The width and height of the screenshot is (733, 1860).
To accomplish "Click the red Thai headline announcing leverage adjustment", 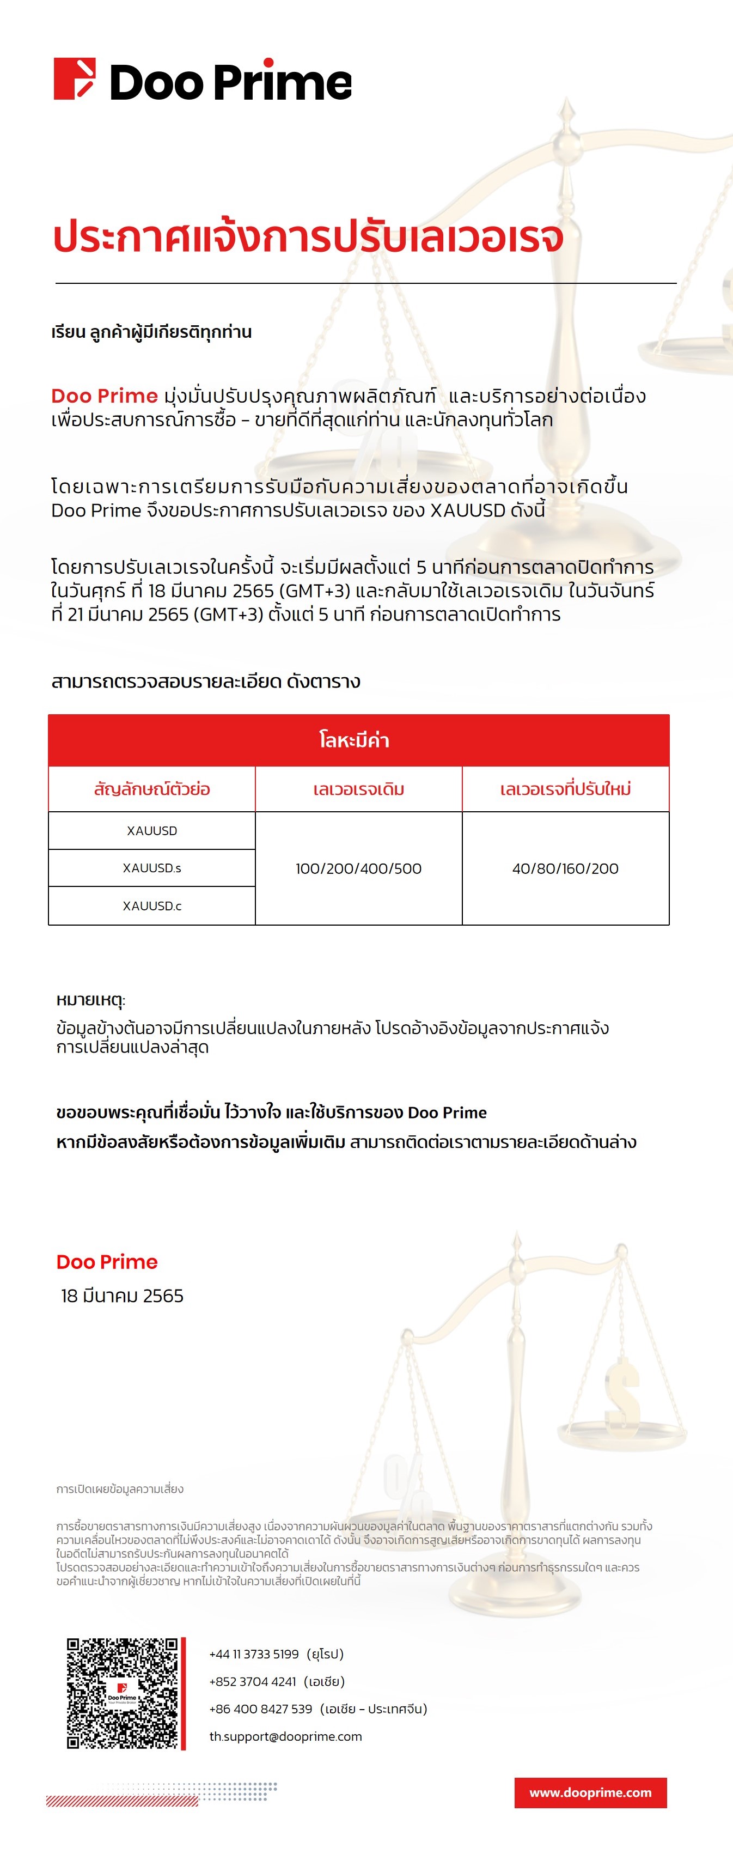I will [x=308, y=237].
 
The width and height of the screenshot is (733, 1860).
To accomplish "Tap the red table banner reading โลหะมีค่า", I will [x=358, y=740].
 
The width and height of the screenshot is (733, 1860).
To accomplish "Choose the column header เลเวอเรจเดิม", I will [x=358, y=789].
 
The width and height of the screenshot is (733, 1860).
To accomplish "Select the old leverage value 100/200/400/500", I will [x=358, y=868].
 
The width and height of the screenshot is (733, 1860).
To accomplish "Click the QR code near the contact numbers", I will [x=122, y=1693].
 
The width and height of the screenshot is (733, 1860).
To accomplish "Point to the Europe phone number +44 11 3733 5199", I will [x=254, y=1654].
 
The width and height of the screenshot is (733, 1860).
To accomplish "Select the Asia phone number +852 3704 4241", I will [x=253, y=1682].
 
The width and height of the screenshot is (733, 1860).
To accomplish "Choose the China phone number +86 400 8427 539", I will [x=260, y=1709].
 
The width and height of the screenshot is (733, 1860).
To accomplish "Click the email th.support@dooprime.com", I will [x=286, y=1736].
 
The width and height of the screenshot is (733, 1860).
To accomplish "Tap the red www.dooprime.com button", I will [x=590, y=1793].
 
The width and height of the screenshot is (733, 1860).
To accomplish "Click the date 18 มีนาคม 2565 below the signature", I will [x=122, y=1296].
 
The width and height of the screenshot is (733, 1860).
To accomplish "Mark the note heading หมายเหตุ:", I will [x=91, y=1000].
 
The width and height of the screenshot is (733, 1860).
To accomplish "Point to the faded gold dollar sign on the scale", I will [x=621, y=1390].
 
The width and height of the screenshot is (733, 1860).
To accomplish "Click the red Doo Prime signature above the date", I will [x=107, y=1262].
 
